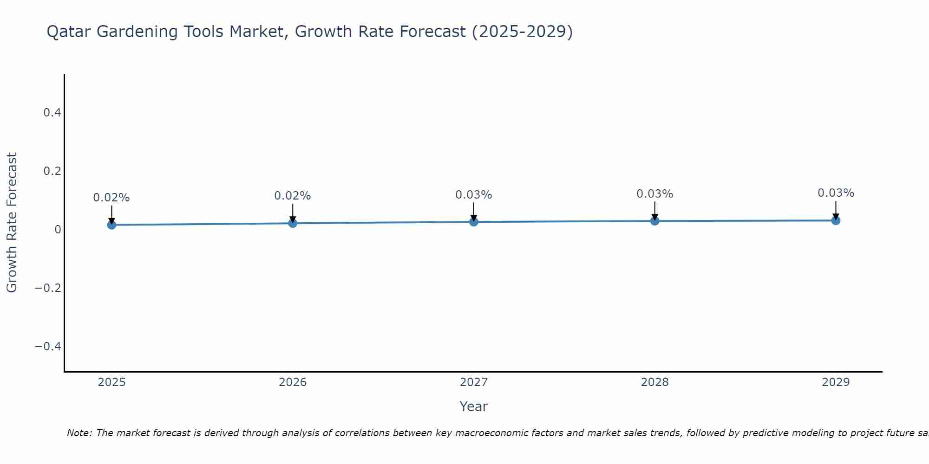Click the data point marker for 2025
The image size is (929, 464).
[111, 225]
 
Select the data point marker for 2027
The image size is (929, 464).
[474, 222]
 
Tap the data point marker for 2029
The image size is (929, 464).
[836, 220]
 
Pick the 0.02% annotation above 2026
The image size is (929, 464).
[293, 196]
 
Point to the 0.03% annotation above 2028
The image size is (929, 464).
[654, 194]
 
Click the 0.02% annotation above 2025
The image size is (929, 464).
[111, 198]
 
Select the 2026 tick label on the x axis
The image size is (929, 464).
[293, 382]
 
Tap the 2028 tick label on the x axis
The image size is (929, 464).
[654, 382]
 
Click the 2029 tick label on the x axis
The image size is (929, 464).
[836, 382]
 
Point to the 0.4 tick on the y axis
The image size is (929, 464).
[52, 113]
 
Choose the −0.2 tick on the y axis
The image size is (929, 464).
[48, 288]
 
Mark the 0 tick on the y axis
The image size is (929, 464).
[58, 230]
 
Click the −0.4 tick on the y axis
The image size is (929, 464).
[48, 347]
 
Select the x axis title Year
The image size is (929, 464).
[473, 407]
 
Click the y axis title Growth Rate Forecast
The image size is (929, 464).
[12, 223]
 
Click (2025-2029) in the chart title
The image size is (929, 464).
[522, 32]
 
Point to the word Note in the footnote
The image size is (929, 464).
[79, 433]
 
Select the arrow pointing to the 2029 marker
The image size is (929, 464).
[836, 210]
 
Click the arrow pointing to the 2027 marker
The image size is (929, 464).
[474, 211]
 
